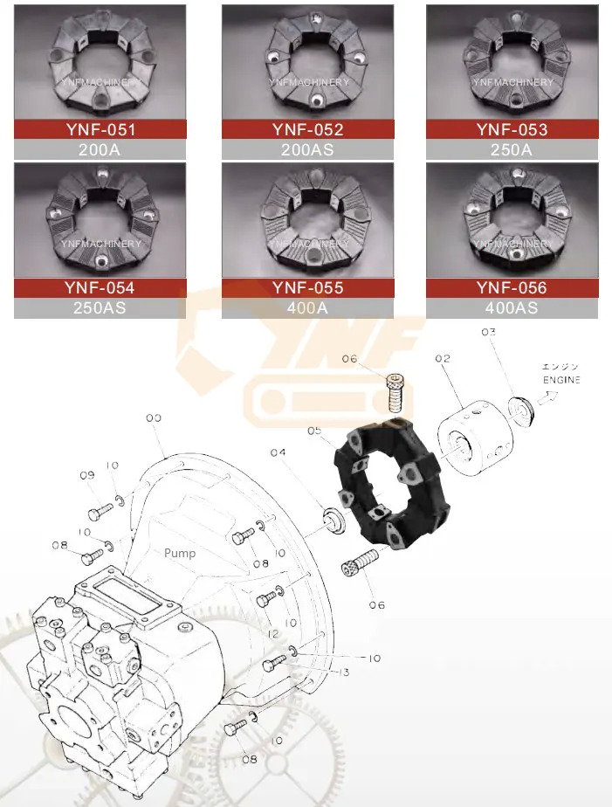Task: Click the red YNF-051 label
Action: (100, 129)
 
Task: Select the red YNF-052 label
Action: (307, 129)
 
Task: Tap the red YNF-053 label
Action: (512, 129)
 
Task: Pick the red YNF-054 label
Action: (100, 287)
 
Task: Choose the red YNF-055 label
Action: (307, 287)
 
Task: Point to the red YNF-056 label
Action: (512, 287)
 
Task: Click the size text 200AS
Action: (307, 149)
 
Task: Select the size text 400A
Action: (307, 307)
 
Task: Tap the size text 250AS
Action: (100, 307)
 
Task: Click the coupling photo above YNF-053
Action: (512, 61)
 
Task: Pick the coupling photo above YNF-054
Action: (100, 220)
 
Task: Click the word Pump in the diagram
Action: (180, 553)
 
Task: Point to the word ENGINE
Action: (560, 381)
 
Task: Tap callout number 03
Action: (488, 332)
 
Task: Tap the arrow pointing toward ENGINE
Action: (547, 397)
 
